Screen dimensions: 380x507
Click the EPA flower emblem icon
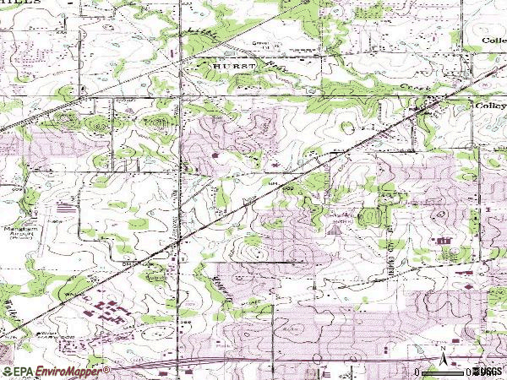tap(7, 371)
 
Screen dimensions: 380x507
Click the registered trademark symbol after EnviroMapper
tap(107, 369)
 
